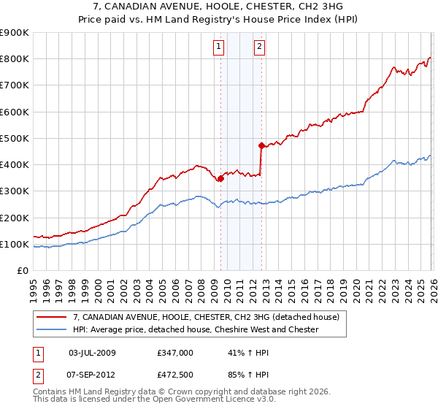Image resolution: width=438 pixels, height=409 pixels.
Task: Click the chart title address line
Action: tap(218, 6)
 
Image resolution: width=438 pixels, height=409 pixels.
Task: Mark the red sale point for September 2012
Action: tap(261, 145)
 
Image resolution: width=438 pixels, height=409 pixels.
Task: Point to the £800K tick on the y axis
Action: tap(15, 59)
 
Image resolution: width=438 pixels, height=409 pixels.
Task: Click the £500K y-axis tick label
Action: tap(15, 138)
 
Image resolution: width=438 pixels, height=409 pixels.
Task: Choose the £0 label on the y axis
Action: tap(22, 270)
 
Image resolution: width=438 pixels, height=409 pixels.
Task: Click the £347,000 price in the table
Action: tap(175, 352)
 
